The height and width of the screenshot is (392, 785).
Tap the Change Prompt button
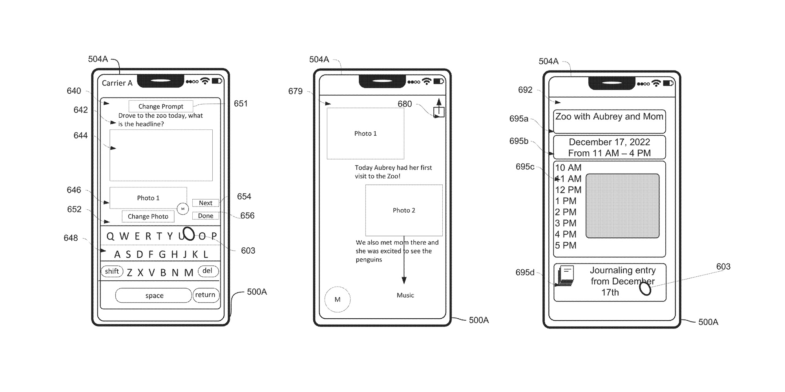point(161,106)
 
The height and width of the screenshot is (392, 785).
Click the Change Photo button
point(148,216)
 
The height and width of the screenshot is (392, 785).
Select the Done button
point(206,216)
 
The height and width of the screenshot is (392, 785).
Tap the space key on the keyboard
point(154,296)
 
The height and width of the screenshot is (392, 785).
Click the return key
point(205,295)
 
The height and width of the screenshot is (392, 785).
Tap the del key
point(208,271)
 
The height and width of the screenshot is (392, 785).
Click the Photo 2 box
point(404,210)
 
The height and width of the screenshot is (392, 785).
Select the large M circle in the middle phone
point(338,299)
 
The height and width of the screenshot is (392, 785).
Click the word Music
point(405,295)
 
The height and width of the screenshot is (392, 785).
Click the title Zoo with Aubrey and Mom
point(609,117)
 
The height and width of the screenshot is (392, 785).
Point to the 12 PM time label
point(568,190)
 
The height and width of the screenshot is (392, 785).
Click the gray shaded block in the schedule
point(623,206)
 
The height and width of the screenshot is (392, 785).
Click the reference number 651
point(241,103)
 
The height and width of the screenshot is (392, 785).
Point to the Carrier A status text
point(117,83)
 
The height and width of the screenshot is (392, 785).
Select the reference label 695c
point(525,167)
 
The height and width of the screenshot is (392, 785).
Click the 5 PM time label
point(566,246)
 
